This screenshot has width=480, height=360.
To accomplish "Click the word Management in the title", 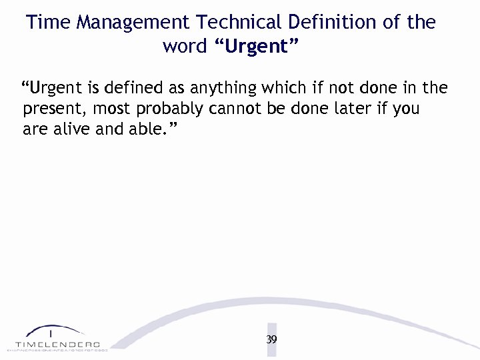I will tap(133, 22).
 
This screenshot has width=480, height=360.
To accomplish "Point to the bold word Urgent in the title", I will tap(257, 47).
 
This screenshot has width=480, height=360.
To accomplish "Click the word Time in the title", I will tap(49, 22).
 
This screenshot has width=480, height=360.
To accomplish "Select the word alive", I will tap(71, 129).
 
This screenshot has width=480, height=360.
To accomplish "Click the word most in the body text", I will tap(110, 109).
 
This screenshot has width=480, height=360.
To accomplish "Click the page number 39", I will tap(271, 339).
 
